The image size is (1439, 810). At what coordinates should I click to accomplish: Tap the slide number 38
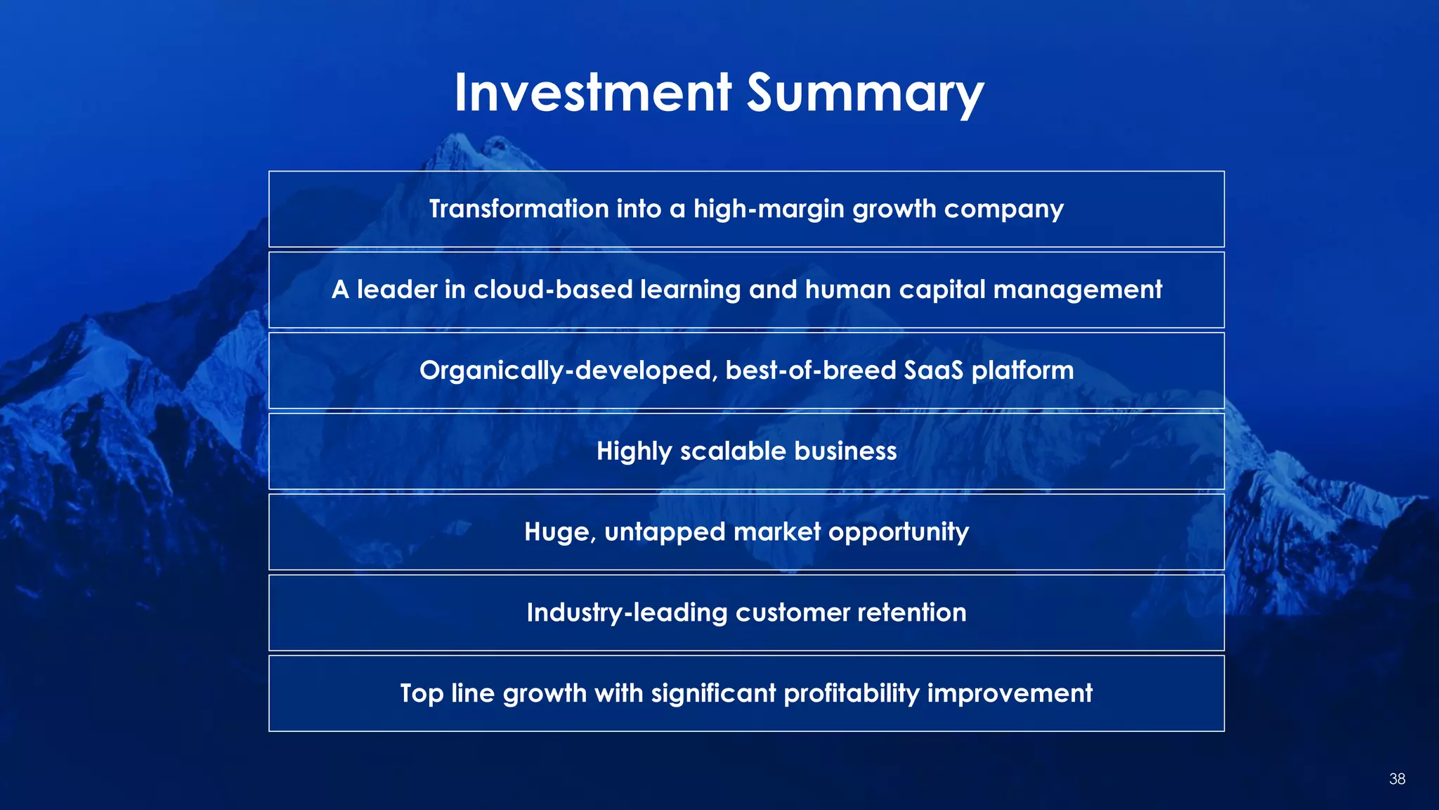[1397, 778]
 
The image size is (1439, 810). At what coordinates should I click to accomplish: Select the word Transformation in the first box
[519, 209]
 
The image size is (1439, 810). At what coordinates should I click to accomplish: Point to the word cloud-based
[553, 290]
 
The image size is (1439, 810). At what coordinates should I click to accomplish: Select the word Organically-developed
[568, 371]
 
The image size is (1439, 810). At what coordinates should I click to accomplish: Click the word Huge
[559, 532]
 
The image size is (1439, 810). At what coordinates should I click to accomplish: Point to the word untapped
[664, 533]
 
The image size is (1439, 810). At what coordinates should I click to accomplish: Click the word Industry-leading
[627, 613]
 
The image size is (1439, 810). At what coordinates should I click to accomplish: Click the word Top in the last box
[422, 694]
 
